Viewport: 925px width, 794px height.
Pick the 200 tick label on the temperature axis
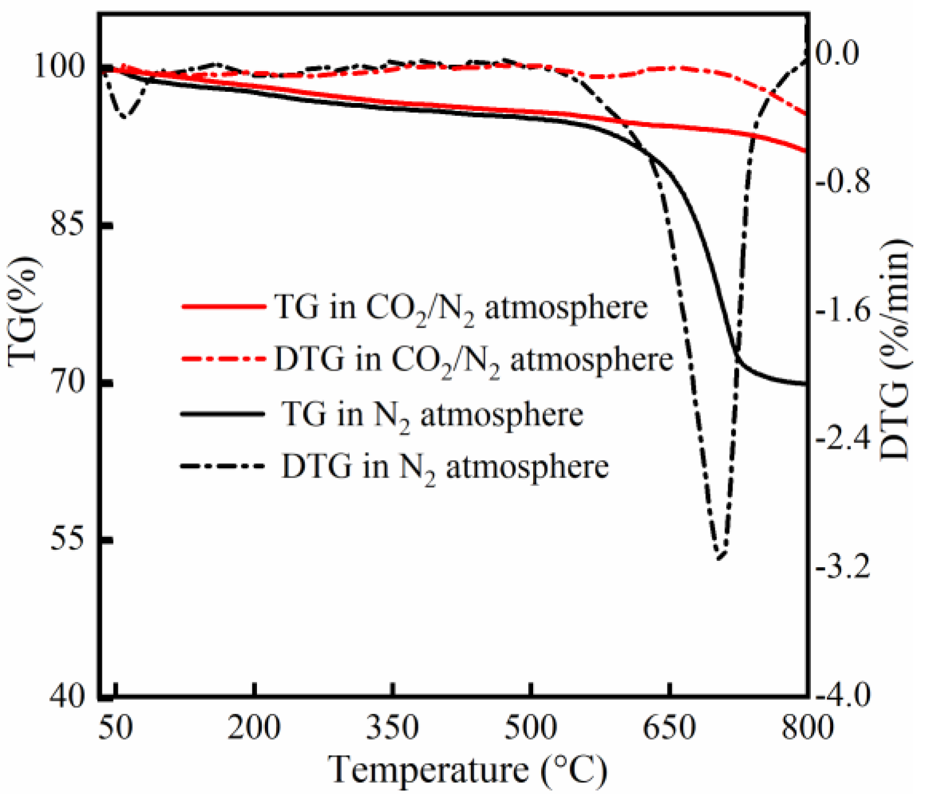click(254, 728)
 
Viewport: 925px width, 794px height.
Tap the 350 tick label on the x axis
click(392, 728)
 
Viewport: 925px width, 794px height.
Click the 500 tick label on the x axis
click(530, 728)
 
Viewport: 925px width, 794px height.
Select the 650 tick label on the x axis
click(669, 728)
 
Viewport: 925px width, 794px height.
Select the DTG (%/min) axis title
click(895, 351)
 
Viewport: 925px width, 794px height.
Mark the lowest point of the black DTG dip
click(720, 558)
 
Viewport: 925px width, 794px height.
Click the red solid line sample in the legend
click(223, 306)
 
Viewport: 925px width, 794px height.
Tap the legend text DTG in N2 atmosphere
click(444, 467)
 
